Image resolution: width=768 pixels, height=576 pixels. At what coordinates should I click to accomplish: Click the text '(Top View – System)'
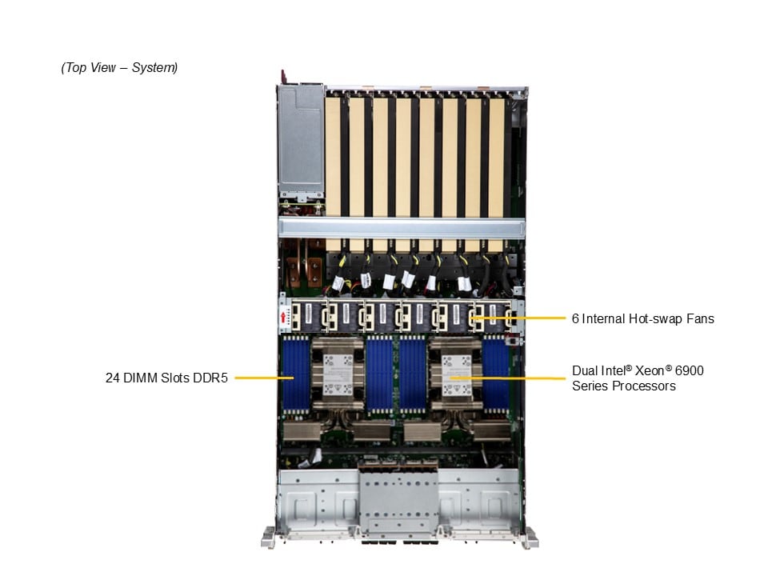point(119,67)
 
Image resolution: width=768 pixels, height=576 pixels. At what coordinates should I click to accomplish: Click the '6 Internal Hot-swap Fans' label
point(642,319)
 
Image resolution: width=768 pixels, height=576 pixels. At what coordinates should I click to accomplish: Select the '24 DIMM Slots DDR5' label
point(166,378)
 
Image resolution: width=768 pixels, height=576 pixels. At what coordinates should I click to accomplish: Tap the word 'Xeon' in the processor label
point(650,370)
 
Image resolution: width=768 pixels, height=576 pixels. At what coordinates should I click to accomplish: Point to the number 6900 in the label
point(689,370)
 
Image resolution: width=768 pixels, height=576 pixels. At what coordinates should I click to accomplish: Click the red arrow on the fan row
point(283,318)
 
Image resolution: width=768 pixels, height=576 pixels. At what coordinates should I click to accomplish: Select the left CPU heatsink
point(338,374)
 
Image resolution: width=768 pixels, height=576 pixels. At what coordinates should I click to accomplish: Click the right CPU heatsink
point(456,374)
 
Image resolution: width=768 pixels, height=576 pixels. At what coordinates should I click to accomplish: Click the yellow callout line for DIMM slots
point(265,378)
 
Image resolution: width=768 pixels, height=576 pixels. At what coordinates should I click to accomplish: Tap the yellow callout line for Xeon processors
point(508,378)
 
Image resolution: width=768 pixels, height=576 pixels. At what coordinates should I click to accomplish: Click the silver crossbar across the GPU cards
point(401,229)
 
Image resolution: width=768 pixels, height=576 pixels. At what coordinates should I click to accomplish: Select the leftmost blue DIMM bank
point(296,375)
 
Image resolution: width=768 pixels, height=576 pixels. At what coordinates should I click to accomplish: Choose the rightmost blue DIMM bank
point(496,375)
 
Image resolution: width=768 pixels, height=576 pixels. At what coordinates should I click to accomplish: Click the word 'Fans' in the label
point(700,319)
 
